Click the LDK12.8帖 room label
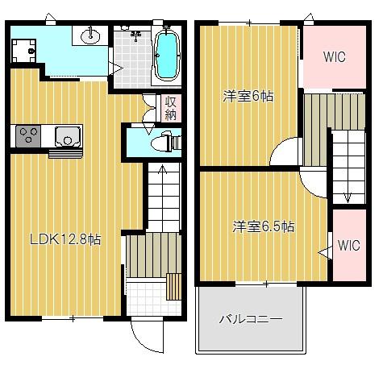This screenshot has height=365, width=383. [x=65, y=239]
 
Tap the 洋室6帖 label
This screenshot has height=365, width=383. [x=248, y=96]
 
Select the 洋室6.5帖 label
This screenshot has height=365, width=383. [x=264, y=226]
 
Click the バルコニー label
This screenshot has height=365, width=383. [x=251, y=319]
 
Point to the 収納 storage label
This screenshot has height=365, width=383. [x=171, y=108]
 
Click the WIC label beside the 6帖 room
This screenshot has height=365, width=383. [x=335, y=57]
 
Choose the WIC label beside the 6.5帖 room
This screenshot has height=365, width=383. [x=348, y=245]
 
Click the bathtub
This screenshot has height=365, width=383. [x=167, y=56]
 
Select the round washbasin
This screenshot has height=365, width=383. [x=90, y=35]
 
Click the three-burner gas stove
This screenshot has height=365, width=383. [x=28, y=136]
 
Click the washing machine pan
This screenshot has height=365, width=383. [x=24, y=51]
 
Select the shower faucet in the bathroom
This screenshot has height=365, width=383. [x=136, y=35]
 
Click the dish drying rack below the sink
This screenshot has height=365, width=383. [x=65, y=154]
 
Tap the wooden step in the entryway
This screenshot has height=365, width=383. [x=173, y=287]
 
